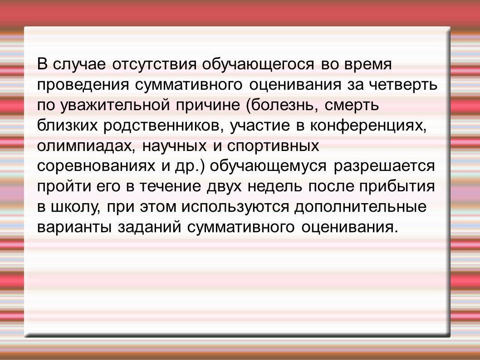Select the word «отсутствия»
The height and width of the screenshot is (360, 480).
click(154, 65)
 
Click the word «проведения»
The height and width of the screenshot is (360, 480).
click(83, 85)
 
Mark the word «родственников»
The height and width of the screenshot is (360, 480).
click(163, 126)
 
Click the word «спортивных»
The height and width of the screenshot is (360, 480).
click(273, 146)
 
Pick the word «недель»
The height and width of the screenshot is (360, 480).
click(275, 187)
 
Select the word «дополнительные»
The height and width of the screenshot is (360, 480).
click(360, 207)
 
